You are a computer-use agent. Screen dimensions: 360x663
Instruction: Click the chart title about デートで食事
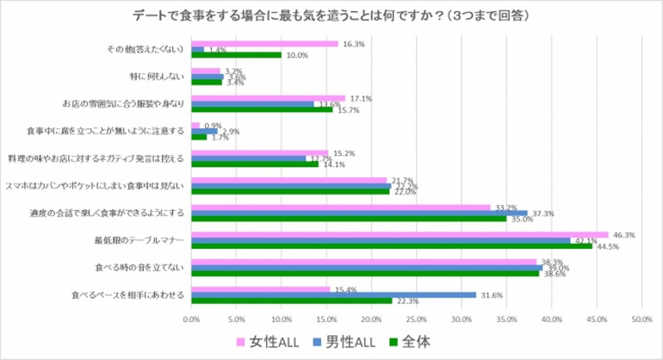tap(331, 16)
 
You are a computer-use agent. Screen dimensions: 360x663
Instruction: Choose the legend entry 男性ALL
tap(352, 342)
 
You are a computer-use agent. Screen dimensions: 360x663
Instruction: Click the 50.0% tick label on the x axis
tap(641, 319)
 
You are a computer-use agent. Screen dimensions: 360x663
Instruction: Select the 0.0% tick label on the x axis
tap(192, 319)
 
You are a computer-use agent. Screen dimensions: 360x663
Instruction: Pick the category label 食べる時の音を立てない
tap(144, 267)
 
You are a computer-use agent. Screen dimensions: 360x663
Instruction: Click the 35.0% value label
tap(522, 220)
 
